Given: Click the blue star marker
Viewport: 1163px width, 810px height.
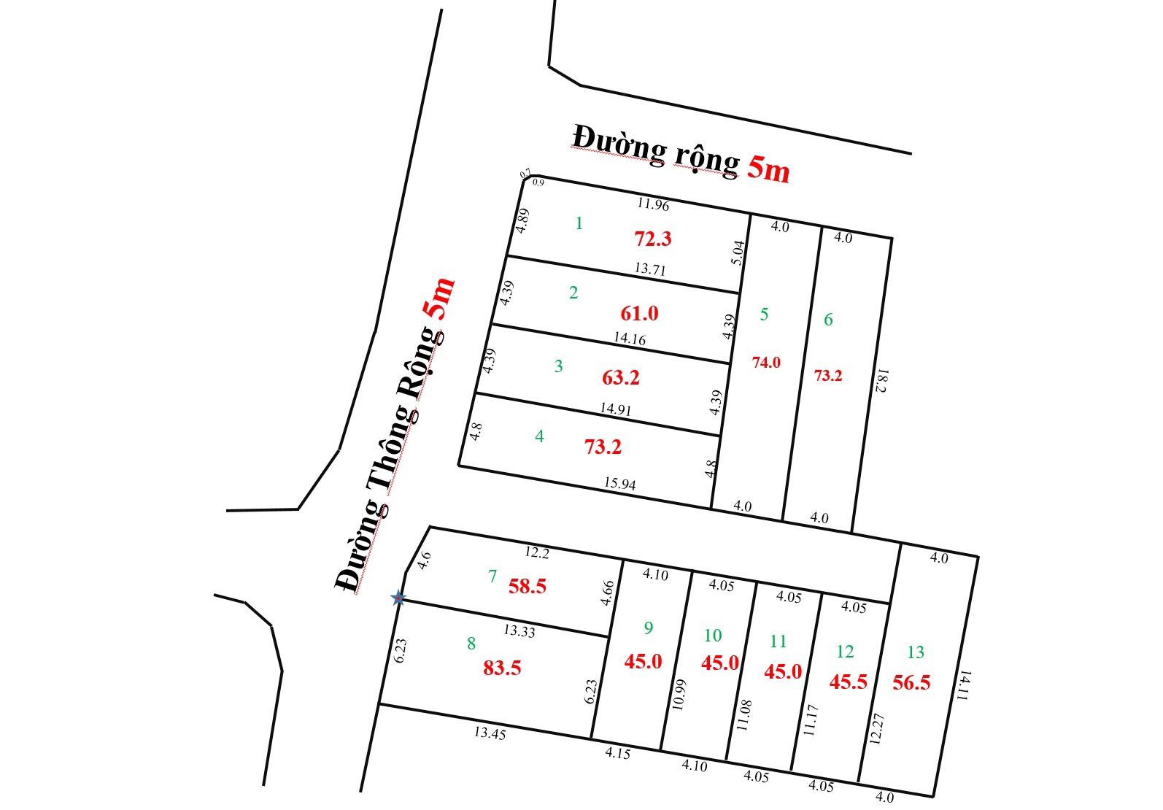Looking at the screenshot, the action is [x=398, y=598].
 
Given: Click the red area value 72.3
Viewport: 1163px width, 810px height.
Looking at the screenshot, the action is [x=652, y=239].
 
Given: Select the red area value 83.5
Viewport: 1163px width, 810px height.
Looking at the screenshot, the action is [x=502, y=668].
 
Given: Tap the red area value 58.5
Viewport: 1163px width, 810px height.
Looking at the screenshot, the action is [x=528, y=586].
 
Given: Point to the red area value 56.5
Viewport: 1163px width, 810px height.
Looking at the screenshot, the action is [x=911, y=682].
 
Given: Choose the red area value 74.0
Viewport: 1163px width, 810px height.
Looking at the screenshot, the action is [x=766, y=363].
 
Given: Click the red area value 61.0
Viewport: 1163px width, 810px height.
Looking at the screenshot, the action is [x=639, y=313].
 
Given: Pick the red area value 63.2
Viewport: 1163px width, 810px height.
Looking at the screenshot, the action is [x=621, y=378].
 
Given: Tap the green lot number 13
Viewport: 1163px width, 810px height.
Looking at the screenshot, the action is [x=915, y=652].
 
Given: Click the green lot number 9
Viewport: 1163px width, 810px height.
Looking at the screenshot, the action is [x=648, y=628].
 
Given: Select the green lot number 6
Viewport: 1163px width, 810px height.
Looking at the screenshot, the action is [x=828, y=319].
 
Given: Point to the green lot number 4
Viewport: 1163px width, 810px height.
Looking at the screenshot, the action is [x=539, y=436].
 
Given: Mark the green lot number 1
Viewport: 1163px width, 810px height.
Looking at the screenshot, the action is [x=579, y=223].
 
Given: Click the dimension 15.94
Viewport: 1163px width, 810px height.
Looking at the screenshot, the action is [x=620, y=483].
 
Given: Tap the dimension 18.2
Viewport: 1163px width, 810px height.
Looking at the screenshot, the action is [x=881, y=382].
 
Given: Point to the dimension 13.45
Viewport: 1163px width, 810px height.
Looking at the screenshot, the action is [x=489, y=733].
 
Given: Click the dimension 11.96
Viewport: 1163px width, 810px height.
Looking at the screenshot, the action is [x=652, y=205].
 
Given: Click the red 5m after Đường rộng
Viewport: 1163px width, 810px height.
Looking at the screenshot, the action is [x=768, y=169].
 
